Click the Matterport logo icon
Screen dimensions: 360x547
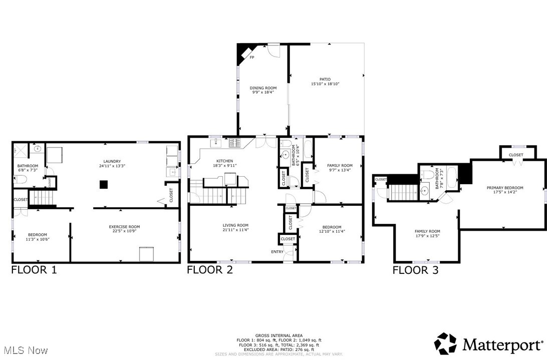[445, 343]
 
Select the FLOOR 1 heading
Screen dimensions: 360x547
[34, 270]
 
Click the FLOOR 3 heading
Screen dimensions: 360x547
[415, 270]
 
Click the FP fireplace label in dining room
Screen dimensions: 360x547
[252, 58]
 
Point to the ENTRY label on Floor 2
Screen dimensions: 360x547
[277, 251]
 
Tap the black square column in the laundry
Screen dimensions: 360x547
[103, 185]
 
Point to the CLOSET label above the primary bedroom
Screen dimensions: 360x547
[516, 155]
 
